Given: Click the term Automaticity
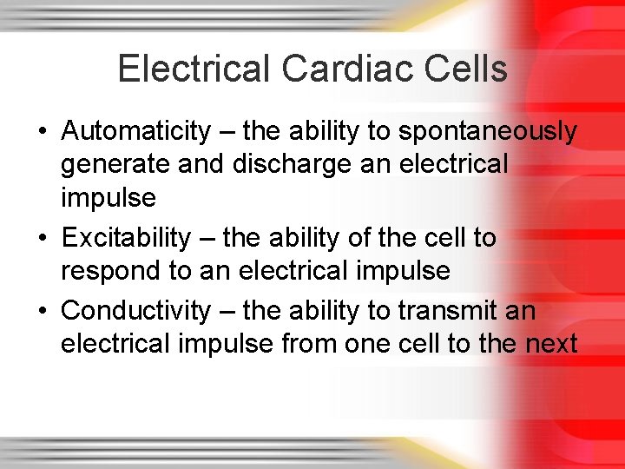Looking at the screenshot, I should pyautogui.click(x=136, y=132).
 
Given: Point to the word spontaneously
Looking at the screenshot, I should pyautogui.click(x=487, y=132).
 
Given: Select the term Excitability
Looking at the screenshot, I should pyautogui.click(x=126, y=237).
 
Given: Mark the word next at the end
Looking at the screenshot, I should pyautogui.click(x=551, y=344).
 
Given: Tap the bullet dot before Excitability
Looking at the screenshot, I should pyautogui.click(x=42, y=238).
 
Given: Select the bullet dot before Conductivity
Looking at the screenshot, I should pyautogui.click(x=42, y=311).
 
